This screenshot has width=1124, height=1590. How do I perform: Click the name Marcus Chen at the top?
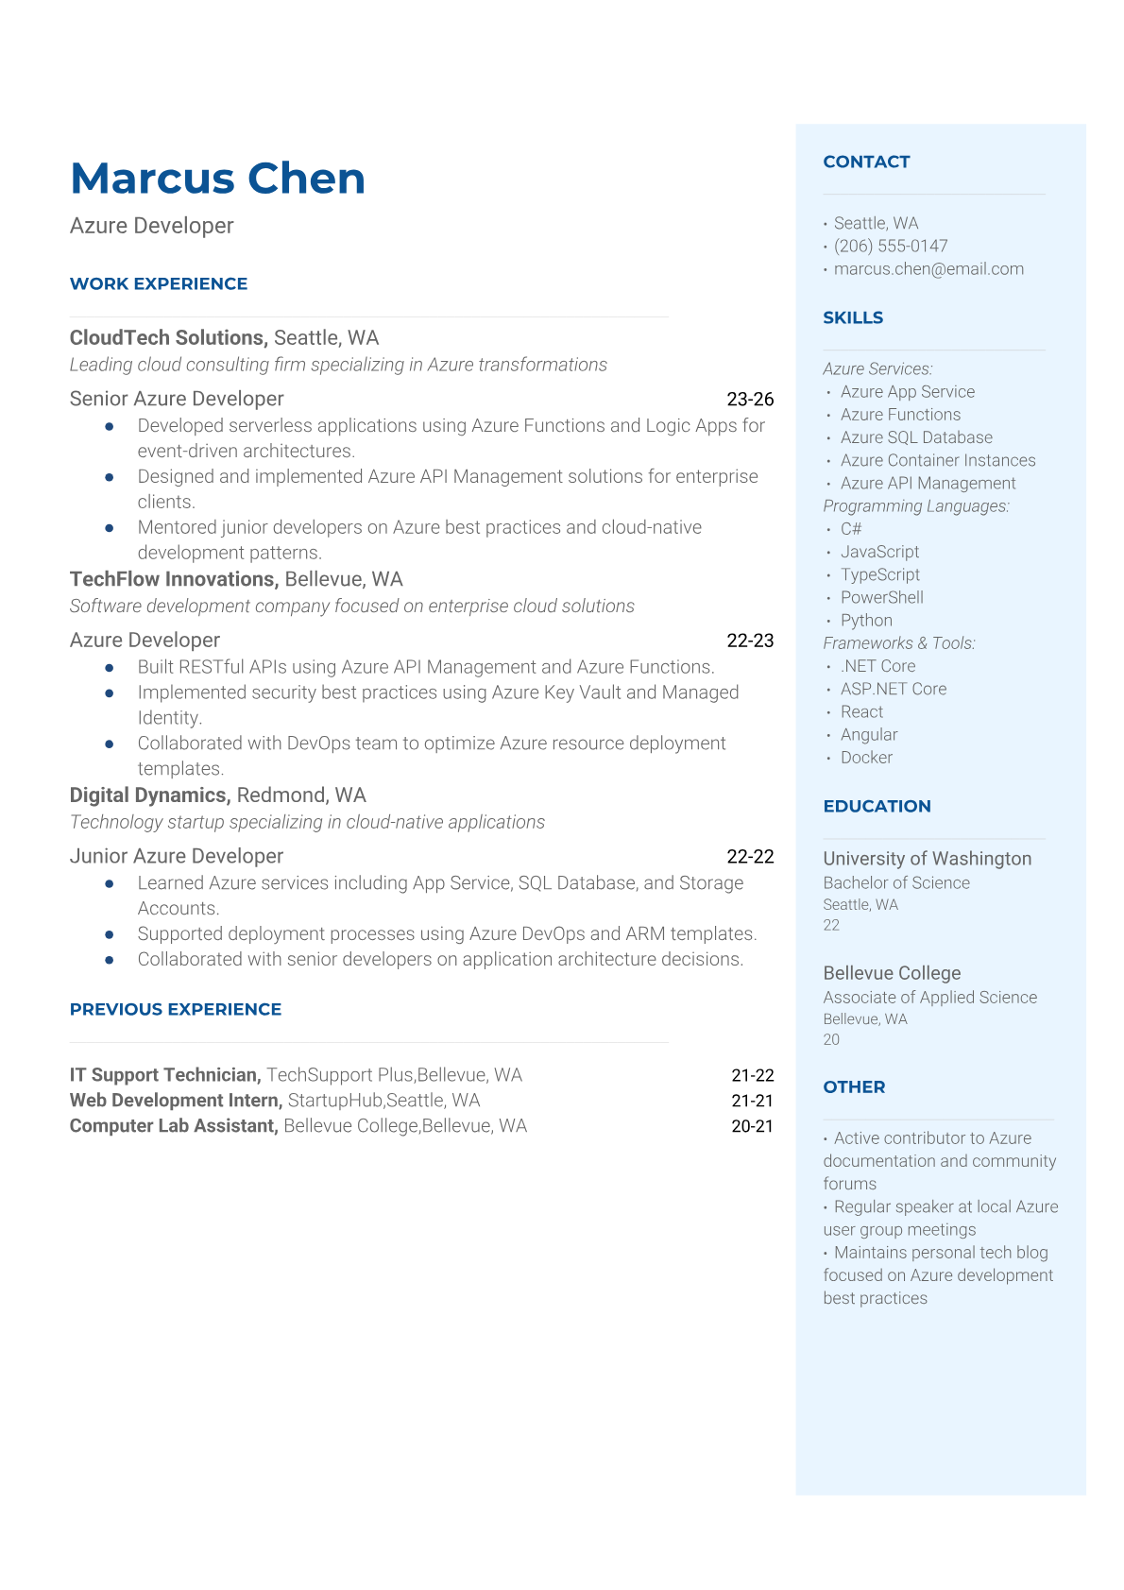pos(217,179)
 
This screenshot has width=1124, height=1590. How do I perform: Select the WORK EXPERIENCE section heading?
pos(159,283)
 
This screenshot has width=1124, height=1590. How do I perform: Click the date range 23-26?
pos(750,400)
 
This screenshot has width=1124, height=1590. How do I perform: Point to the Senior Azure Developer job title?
pos(177,399)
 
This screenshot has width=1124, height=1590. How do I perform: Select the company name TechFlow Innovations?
pos(173,579)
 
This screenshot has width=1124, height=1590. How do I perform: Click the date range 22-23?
pos(750,641)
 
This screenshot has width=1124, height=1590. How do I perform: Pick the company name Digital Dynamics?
pos(149,795)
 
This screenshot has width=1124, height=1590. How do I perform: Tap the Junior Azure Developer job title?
pos(177,856)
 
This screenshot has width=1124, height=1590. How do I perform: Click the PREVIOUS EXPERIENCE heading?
pos(176,1009)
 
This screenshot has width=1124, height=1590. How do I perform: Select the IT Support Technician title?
pos(164,1075)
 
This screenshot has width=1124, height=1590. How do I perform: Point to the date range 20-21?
pos(752,1126)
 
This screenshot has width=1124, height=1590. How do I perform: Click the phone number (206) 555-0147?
pos(891,246)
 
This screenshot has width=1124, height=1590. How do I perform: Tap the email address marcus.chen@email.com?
pos(928,269)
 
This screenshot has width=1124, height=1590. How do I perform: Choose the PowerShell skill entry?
pos(882,597)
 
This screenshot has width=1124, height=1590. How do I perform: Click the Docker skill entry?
pos(866,758)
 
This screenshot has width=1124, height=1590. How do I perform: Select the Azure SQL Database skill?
pos(916,437)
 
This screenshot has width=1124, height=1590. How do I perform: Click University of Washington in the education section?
pos(927,859)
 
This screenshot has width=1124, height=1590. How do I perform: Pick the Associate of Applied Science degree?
pos(929,998)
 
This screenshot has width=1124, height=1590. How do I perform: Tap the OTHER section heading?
pos(854,1087)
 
